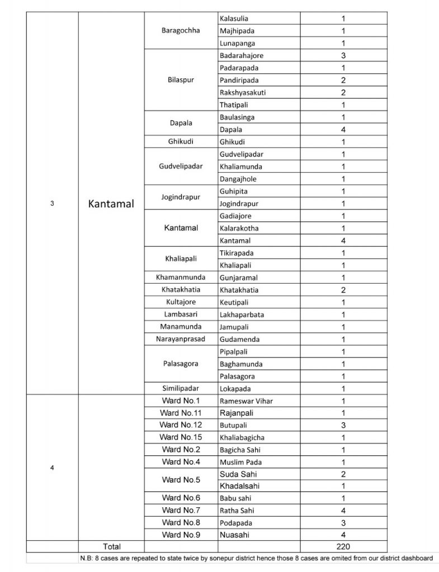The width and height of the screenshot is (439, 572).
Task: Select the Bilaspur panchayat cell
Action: (181, 80)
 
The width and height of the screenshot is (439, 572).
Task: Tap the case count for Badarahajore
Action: (343, 55)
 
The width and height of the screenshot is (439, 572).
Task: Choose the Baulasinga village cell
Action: (237, 117)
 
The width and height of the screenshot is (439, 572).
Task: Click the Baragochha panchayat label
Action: (181, 31)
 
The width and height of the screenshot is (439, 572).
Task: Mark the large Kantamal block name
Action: (111, 204)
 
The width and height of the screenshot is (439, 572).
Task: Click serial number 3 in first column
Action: (52, 204)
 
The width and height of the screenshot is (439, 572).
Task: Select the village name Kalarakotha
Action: (239, 228)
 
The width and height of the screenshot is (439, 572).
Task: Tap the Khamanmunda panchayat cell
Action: (181, 277)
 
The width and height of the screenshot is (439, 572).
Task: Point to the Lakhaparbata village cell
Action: (242, 314)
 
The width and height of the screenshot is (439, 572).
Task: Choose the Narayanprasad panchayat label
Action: (181, 339)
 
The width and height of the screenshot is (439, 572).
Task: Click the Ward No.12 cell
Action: (181, 425)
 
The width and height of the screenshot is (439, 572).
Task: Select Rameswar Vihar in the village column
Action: (246, 401)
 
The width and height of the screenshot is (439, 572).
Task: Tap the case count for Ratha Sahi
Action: (343, 510)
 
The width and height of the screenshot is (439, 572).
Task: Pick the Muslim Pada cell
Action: (240, 462)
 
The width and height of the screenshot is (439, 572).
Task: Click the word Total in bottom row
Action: (111, 546)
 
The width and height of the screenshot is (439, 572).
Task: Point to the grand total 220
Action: (343, 546)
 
